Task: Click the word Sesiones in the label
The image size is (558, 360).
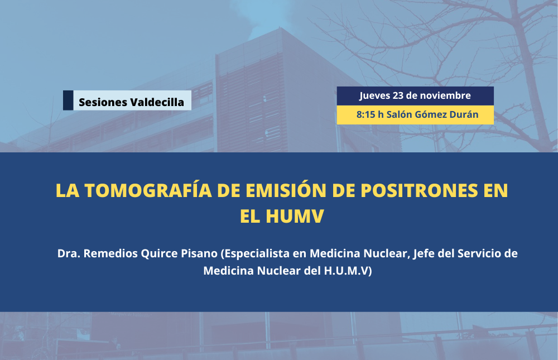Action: [102, 102]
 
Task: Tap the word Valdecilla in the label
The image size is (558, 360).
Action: [157, 102]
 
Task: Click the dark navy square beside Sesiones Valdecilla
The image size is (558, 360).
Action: [68, 100]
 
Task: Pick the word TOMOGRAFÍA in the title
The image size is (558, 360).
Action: [148, 190]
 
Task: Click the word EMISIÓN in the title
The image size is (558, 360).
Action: [286, 190]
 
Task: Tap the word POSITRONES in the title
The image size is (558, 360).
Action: [419, 190]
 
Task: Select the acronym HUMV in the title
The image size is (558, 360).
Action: [295, 216]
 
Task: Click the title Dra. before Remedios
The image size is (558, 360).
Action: [69, 253]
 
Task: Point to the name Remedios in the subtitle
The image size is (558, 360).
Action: [110, 253]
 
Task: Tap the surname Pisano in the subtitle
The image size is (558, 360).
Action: [199, 253]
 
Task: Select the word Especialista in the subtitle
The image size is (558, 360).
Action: [255, 254]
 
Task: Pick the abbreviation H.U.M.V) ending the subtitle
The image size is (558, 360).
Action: [348, 271]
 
